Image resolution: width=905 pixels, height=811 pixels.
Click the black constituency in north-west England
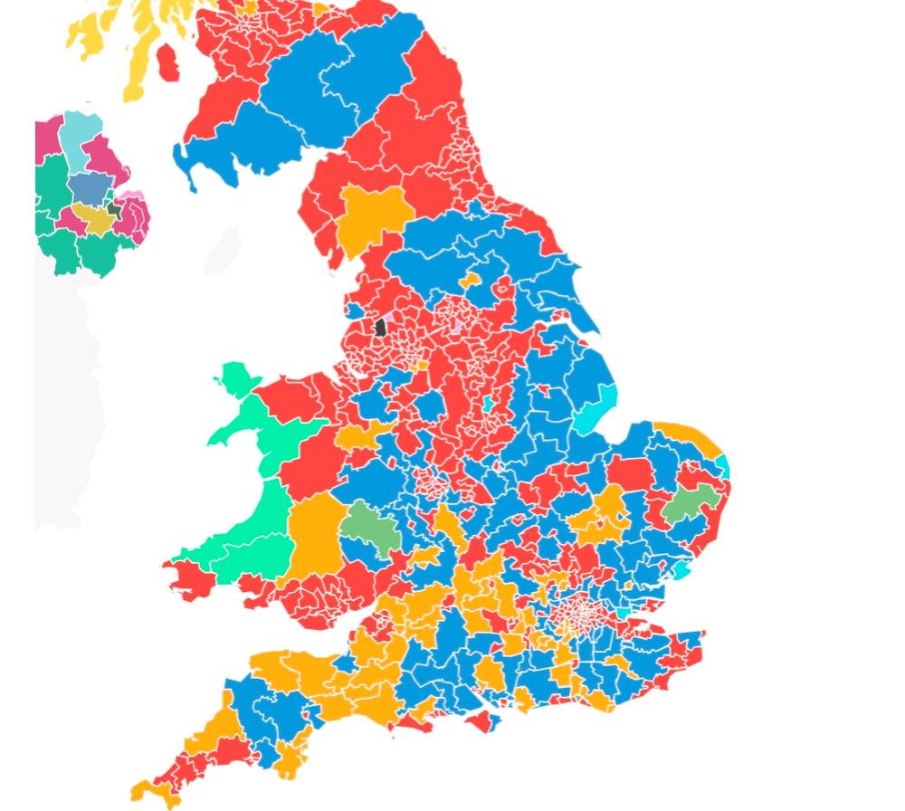(x=381, y=327)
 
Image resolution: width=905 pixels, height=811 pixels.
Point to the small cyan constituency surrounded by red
(x=488, y=403)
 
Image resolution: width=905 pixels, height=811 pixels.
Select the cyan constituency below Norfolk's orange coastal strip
(x=722, y=467)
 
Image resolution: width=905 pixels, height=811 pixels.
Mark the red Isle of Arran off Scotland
(x=168, y=61)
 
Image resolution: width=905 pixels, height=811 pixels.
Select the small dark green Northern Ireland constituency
(x=113, y=208)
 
